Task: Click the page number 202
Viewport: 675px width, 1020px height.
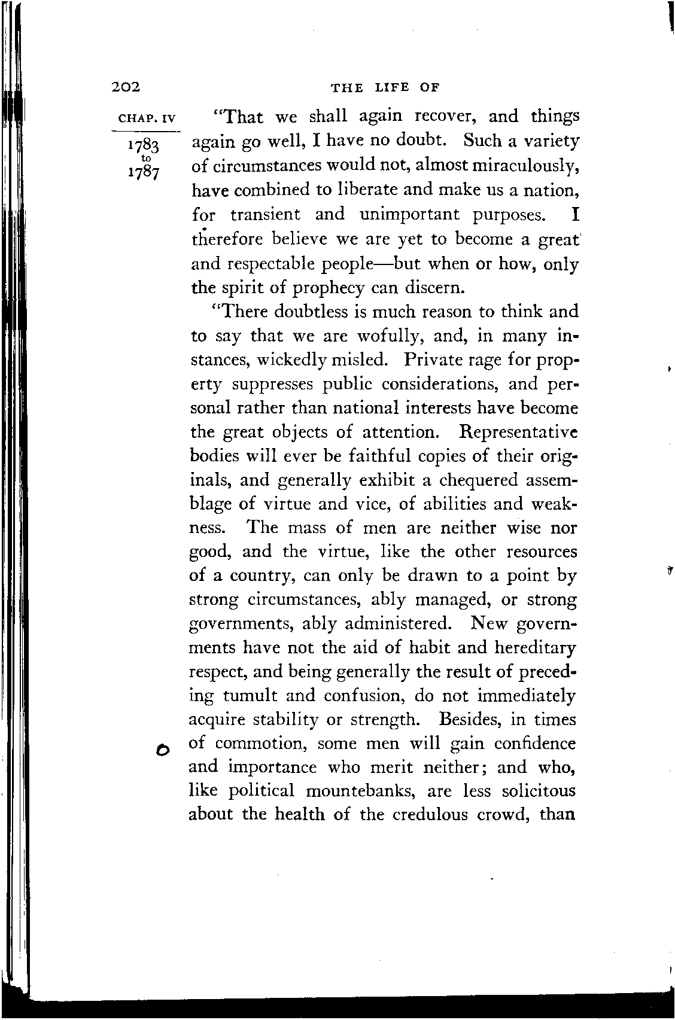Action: coord(126,87)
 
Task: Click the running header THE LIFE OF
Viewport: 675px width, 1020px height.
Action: coord(385,88)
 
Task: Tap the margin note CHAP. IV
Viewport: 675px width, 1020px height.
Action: coord(145,118)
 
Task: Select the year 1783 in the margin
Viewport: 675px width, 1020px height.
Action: coord(144,146)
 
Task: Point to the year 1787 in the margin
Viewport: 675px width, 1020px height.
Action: coord(144,172)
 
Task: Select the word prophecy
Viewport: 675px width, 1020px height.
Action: coord(329,288)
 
